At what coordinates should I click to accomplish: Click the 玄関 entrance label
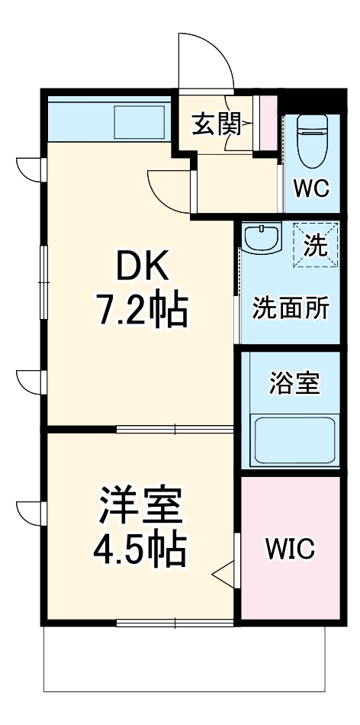[217, 124]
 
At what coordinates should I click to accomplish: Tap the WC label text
[311, 188]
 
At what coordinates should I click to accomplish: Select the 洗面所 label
[291, 308]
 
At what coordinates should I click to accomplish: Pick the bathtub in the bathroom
[294, 440]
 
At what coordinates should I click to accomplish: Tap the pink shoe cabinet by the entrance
[267, 122]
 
